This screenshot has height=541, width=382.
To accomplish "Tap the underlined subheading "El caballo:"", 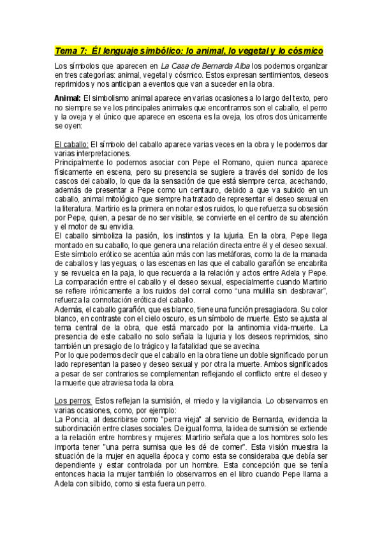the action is point(71,145).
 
